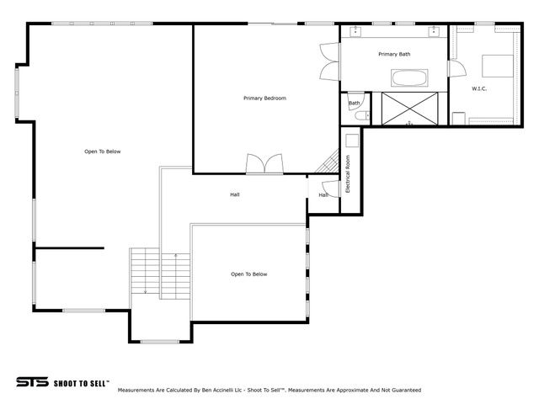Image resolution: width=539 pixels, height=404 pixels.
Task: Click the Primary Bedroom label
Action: click(264, 98)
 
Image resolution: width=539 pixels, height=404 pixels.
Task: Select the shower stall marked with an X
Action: click(409, 109)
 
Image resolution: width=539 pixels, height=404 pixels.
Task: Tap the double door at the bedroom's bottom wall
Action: click(264, 164)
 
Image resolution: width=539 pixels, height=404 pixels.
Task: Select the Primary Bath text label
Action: click(394, 54)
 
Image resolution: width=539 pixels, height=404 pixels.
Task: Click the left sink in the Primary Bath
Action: click(355, 31)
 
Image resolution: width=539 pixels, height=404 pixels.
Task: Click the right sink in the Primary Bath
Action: click(435, 31)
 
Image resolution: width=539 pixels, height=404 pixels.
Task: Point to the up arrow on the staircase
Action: click(175, 254)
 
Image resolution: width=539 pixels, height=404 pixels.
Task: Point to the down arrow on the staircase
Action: click(146, 291)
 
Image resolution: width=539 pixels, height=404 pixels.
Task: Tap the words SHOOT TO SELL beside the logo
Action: click(81, 382)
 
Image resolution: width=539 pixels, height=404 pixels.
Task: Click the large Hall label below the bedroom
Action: click(235, 194)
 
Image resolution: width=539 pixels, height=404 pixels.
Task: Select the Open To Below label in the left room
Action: click(103, 151)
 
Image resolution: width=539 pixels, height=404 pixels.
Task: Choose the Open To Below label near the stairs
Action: click(249, 274)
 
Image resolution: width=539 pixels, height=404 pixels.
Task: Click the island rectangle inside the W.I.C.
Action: click(496, 66)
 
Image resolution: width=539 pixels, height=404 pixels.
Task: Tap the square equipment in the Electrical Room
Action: click(351, 141)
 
